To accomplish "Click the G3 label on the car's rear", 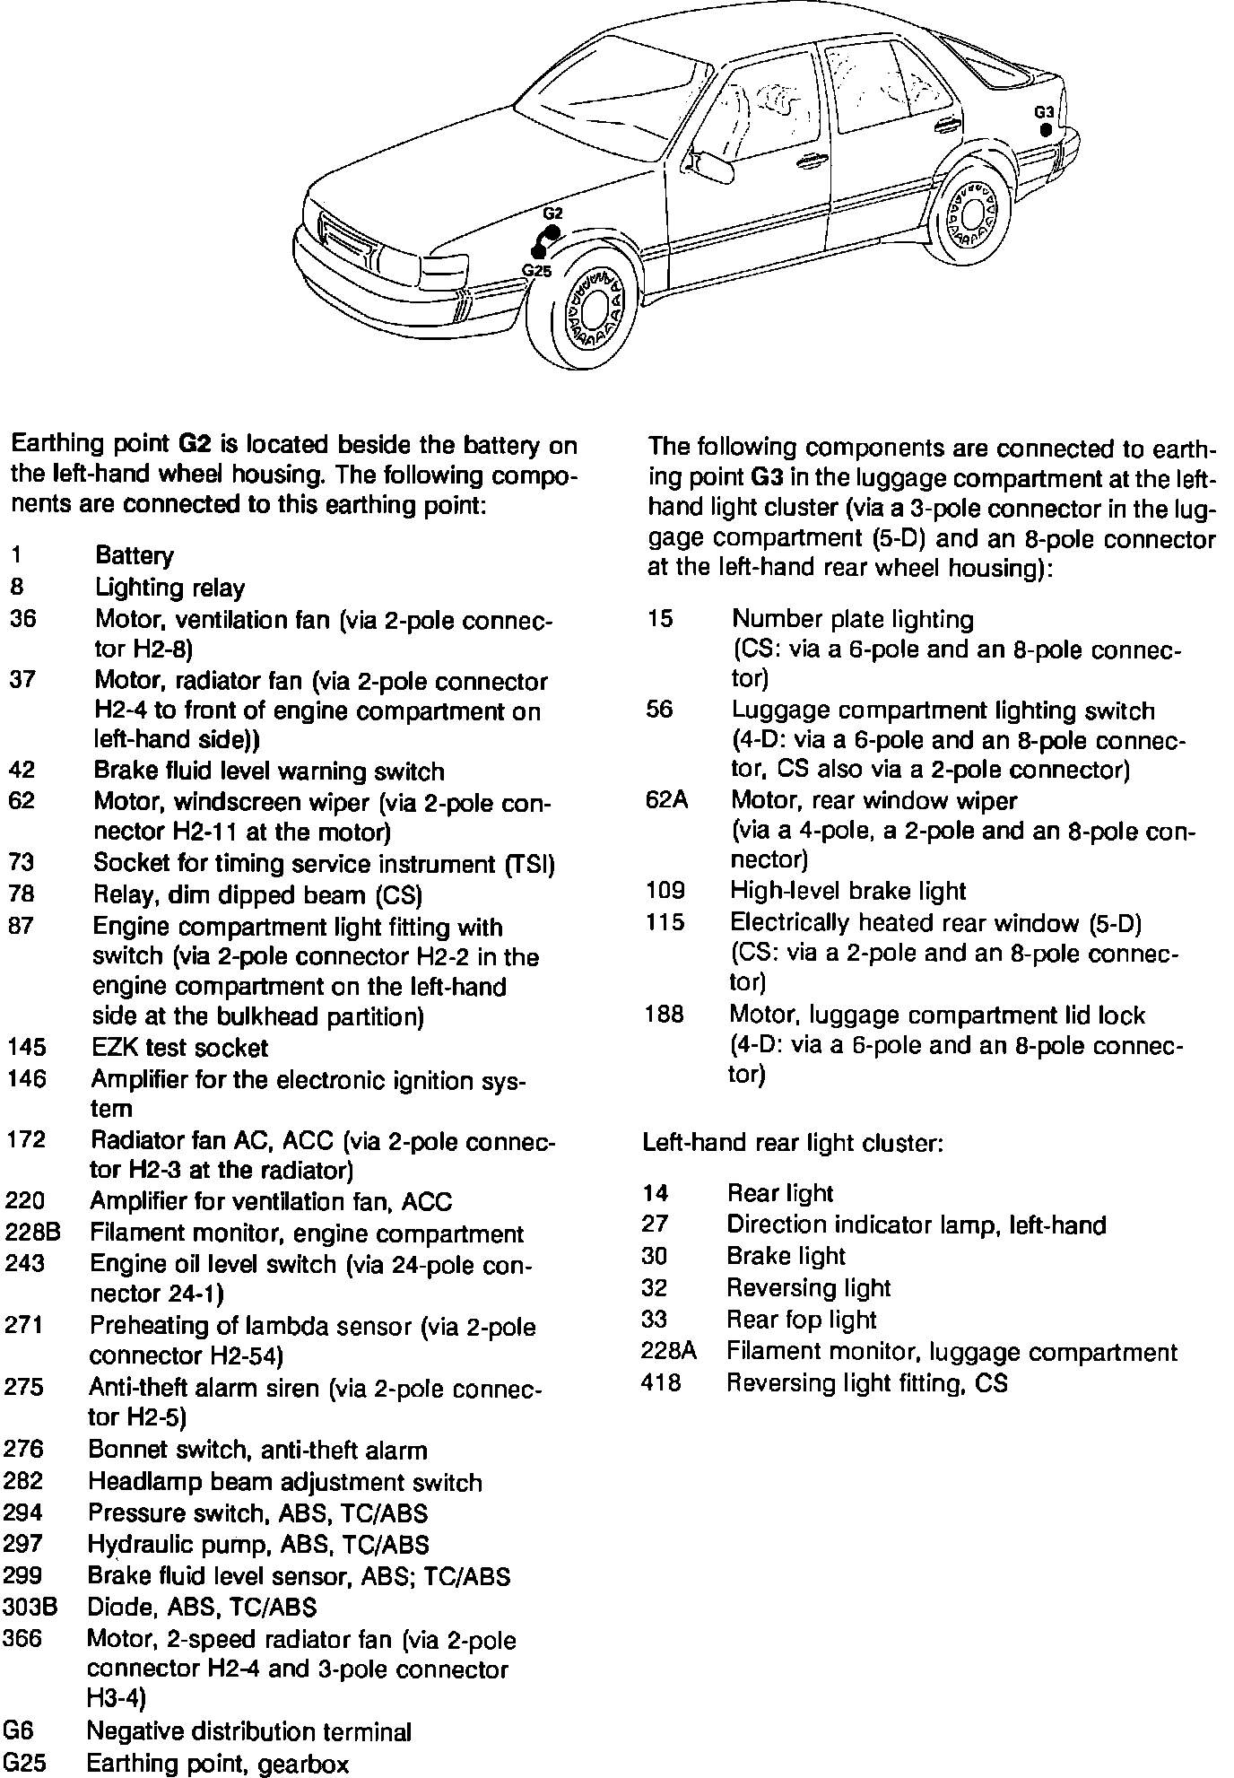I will click(x=1043, y=112).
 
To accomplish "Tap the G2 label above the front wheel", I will click(x=552, y=214).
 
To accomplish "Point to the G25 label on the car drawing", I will click(x=536, y=270).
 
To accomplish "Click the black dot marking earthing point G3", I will click(x=1046, y=130).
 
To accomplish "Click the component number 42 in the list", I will click(x=22, y=771).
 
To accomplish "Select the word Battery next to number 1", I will click(x=135, y=556).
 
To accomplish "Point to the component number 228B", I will click(x=33, y=1233).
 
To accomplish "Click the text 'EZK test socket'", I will click(x=179, y=1048).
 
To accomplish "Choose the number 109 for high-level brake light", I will click(x=665, y=891).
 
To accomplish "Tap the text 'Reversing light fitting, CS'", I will click(x=866, y=1382).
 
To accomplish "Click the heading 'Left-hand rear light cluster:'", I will click(x=793, y=1143).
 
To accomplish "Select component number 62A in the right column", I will click(x=666, y=799).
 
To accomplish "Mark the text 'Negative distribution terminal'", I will click(x=248, y=1731).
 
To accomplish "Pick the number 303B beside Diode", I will click(x=30, y=1607).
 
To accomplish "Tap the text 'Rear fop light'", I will click(x=801, y=1320).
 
